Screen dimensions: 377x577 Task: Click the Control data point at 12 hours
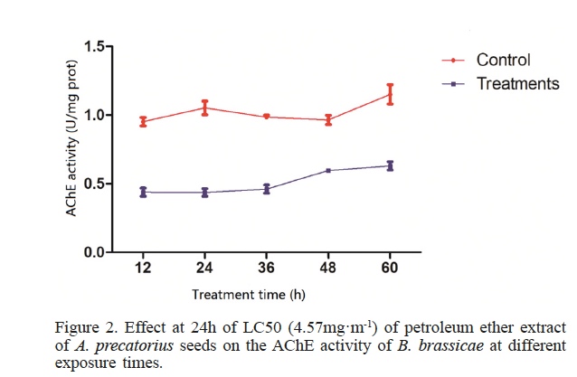pos(143,121)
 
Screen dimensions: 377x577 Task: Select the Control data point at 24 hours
pos(205,108)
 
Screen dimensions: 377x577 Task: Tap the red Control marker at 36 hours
pos(267,117)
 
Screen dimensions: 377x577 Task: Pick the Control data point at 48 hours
pos(328,119)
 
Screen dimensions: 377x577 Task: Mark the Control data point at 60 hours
pos(390,94)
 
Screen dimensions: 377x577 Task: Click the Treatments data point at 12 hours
pos(143,192)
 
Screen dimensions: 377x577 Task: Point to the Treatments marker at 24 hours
pos(205,192)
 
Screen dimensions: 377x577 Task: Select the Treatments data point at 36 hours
pos(267,189)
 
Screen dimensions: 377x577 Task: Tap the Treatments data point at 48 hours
pos(328,170)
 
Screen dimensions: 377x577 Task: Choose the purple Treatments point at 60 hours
pos(390,165)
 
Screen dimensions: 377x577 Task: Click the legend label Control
pos(503,61)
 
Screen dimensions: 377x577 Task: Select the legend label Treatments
pos(517,83)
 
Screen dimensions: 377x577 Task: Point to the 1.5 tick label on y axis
pos(93,46)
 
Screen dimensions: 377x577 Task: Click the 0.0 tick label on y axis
pos(93,252)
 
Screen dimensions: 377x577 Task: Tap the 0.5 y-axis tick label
pos(93,184)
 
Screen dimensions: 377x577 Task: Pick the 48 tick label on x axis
pos(328,269)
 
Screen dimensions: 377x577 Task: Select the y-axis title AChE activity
pos(70,150)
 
